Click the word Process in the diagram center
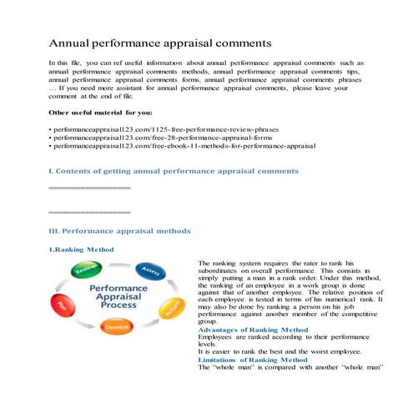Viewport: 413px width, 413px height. [x=118, y=306]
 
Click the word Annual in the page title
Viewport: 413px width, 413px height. [x=73, y=43]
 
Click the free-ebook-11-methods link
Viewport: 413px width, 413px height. [x=184, y=146]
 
